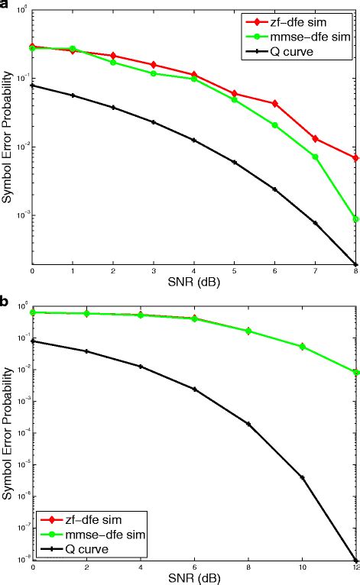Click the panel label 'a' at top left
point(5,5)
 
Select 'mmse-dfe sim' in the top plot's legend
point(315,37)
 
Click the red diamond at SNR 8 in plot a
point(355,157)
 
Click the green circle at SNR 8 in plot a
point(355,219)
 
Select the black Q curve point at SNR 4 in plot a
point(193,141)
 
